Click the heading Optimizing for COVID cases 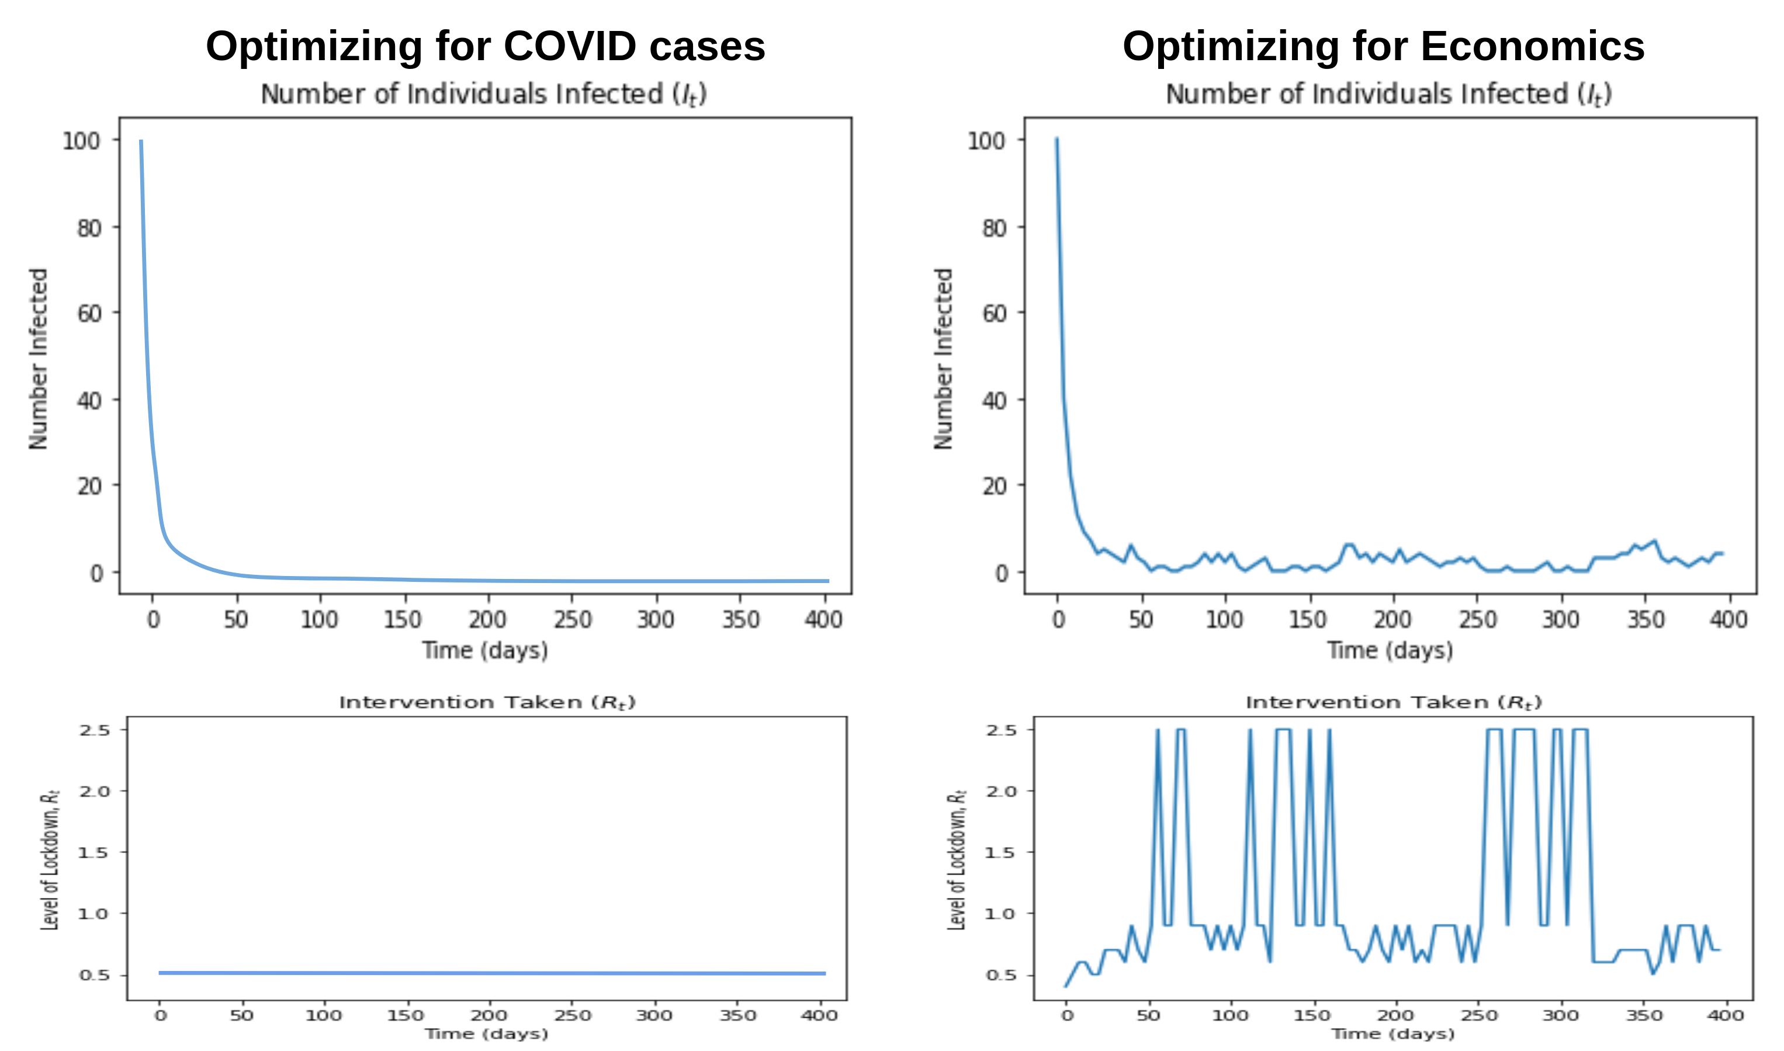pos(485,47)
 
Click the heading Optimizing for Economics pos(1383,47)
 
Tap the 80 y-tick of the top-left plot pos(89,228)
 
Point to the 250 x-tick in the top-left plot pos(572,620)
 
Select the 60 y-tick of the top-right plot pos(995,313)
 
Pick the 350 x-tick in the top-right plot pos(1645,620)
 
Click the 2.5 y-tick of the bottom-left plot pos(94,730)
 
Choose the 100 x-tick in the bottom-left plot pos(324,1015)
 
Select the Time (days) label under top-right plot pos(1390,650)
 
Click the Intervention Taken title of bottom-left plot pos(487,703)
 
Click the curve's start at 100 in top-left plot pos(141,141)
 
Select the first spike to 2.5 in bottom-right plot pos(1158,730)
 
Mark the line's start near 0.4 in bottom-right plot pos(1066,986)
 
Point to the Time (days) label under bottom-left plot pos(487,1034)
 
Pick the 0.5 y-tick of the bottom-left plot pos(94,975)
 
